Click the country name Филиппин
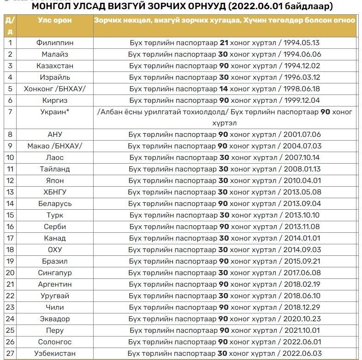point(54,43)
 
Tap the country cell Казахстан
point(54,66)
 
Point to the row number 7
point(10,112)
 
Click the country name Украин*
point(54,112)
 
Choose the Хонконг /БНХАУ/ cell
point(54,89)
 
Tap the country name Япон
point(54,181)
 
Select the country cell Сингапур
point(54,273)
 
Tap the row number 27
point(10,354)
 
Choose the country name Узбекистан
point(54,354)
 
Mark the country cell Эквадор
point(54,319)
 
